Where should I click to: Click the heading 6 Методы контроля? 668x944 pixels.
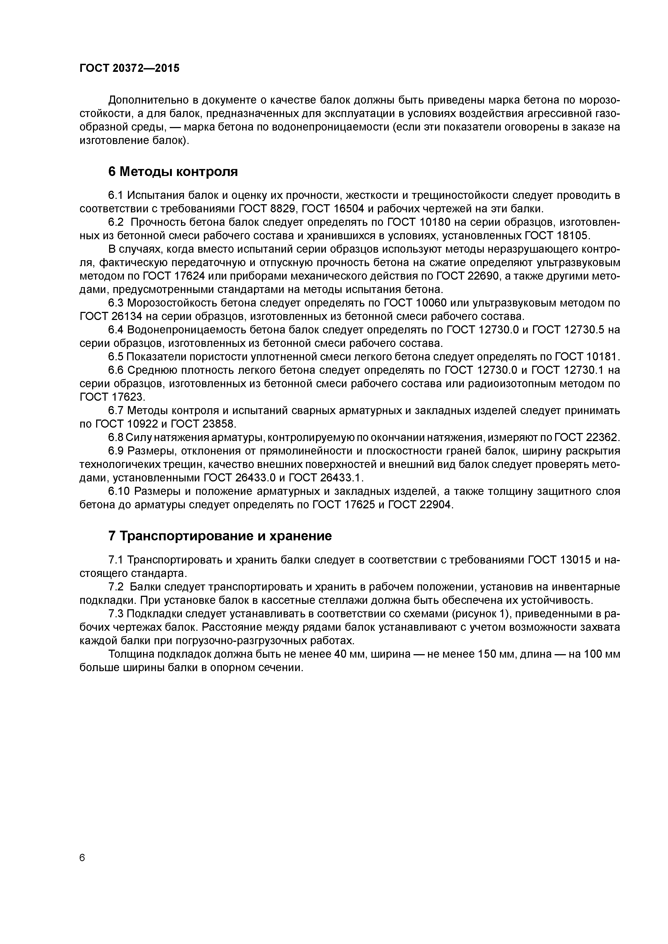coord(173,171)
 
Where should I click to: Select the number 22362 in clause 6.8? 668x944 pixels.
coord(603,438)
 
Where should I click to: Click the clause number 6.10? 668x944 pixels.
coord(119,491)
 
